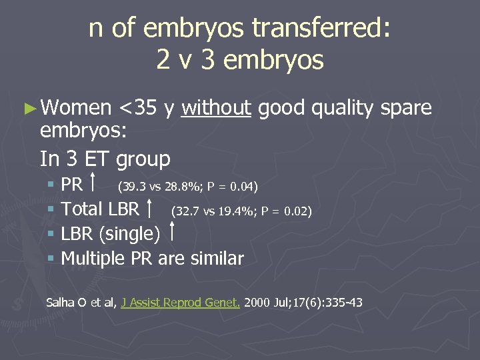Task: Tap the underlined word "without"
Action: click(x=216, y=107)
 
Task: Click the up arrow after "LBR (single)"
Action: click(x=173, y=234)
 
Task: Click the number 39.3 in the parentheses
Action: click(x=131, y=185)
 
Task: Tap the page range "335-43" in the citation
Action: click(x=343, y=302)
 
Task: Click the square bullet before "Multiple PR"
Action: click(x=52, y=259)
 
